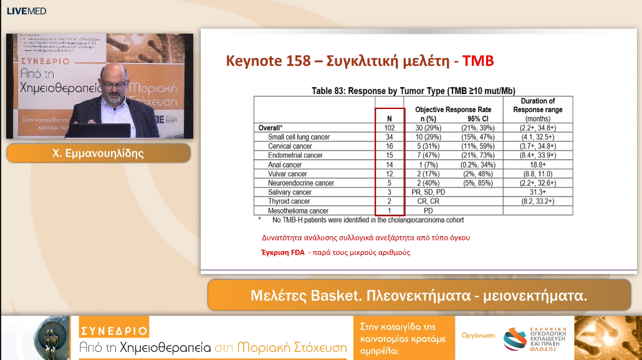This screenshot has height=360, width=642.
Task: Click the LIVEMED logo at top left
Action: (x=26, y=11)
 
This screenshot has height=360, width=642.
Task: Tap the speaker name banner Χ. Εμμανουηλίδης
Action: (x=98, y=153)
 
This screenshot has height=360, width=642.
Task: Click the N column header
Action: (x=390, y=118)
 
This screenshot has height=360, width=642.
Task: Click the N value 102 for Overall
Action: (x=390, y=128)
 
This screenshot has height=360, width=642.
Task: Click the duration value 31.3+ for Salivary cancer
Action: (x=537, y=192)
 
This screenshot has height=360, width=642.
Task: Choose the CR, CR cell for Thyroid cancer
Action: (x=428, y=202)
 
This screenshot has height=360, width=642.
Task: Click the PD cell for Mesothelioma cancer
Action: (x=428, y=211)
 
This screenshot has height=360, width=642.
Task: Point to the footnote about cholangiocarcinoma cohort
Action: (x=368, y=220)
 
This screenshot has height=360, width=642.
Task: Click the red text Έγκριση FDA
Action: (x=282, y=252)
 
